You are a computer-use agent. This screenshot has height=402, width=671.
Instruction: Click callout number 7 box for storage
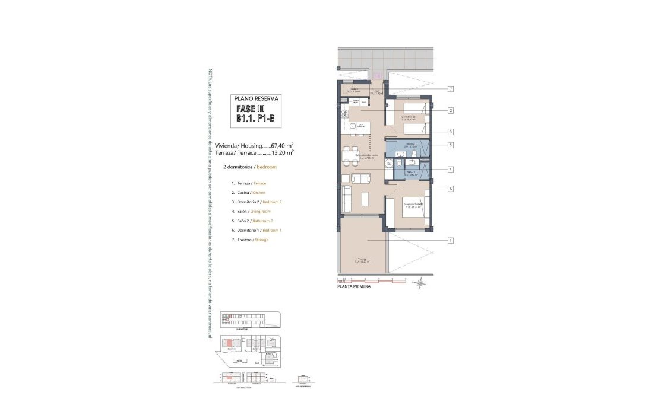click(x=451, y=89)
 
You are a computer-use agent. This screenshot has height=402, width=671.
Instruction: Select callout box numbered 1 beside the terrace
click(x=451, y=240)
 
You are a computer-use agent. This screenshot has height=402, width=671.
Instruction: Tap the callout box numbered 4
click(x=451, y=169)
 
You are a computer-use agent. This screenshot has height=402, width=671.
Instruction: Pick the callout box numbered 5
click(x=451, y=145)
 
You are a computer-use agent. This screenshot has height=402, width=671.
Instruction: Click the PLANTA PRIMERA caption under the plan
click(x=353, y=286)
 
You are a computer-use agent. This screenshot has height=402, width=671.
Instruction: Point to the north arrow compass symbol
click(x=420, y=285)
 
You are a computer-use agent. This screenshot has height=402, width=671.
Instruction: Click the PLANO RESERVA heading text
click(x=256, y=99)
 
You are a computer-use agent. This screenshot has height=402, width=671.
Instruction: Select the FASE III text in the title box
click(x=250, y=109)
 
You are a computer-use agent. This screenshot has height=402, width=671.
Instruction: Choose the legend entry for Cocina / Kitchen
click(x=248, y=193)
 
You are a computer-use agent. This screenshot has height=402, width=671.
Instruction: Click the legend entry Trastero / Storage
click(x=250, y=240)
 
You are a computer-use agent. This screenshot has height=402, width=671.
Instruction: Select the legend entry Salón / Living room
click(x=251, y=211)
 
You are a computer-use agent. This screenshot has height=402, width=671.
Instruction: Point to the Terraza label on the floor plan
click(x=361, y=260)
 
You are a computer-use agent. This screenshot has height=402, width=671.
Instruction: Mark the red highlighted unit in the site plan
click(x=229, y=342)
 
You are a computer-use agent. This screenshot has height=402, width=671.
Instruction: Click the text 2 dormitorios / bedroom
click(x=249, y=167)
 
